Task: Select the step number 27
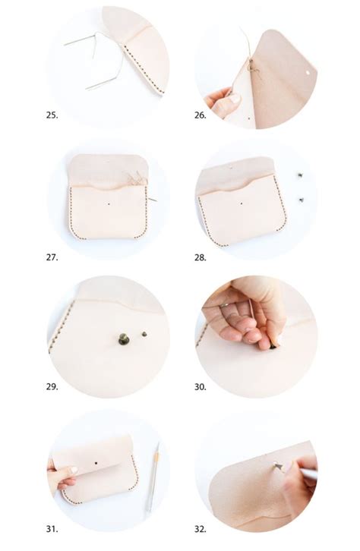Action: pyautogui.click(x=52, y=257)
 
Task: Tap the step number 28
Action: pyautogui.click(x=201, y=257)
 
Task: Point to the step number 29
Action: pyautogui.click(x=52, y=386)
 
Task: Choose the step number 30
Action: pyautogui.click(x=201, y=386)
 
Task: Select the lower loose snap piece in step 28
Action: pyautogui.click(x=302, y=199)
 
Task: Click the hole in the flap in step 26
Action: pyautogui.click(x=306, y=70)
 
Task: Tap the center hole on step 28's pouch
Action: pyautogui.click(x=242, y=203)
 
